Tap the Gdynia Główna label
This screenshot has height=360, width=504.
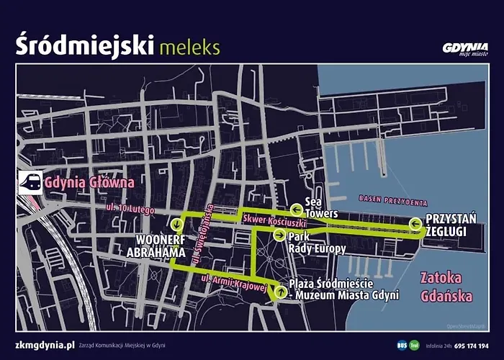click(89, 182)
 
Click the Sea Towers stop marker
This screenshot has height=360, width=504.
click(296, 209)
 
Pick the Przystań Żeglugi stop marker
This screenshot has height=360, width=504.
click(415, 225)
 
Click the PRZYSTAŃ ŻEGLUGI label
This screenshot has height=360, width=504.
click(446, 225)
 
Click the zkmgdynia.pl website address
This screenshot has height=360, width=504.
click(45, 345)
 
